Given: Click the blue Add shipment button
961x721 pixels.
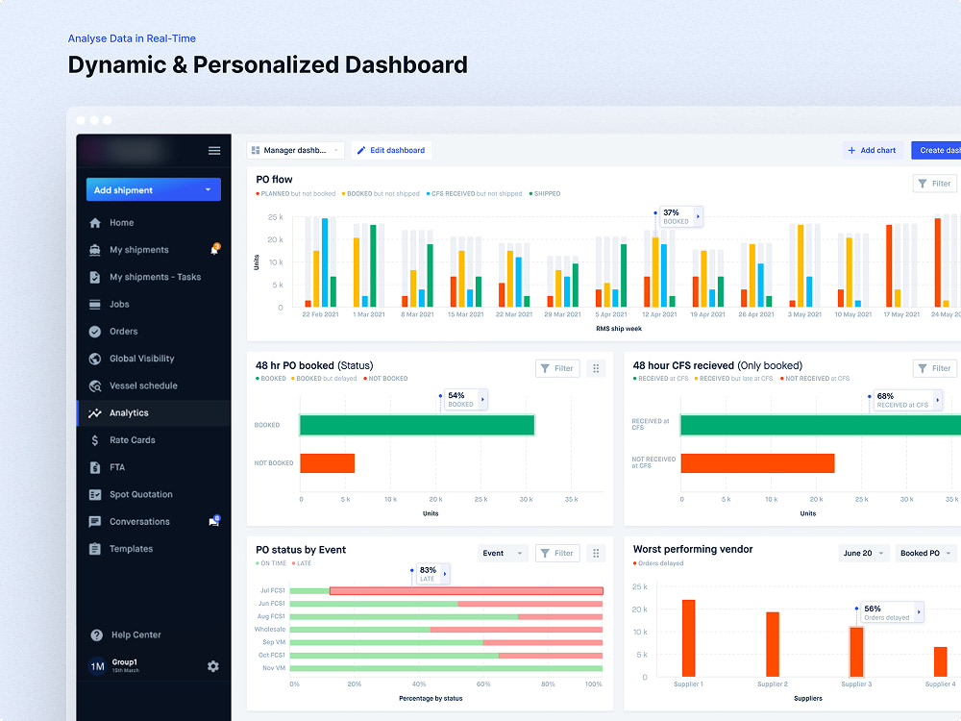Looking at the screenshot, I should pyautogui.click(x=153, y=190).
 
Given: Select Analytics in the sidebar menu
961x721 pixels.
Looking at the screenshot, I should pyautogui.click(x=129, y=413).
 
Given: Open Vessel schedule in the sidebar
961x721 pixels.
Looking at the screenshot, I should pyautogui.click(x=142, y=385).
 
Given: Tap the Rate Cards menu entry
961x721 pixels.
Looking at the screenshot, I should pyautogui.click(x=132, y=440).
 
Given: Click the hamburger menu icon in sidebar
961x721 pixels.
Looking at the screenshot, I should pyautogui.click(x=214, y=151).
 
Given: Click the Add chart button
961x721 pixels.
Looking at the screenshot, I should pyautogui.click(x=872, y=150).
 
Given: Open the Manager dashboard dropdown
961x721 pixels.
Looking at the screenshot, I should pyautogui.click(x=296, y=150).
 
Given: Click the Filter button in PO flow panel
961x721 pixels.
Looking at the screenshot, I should pyautogui.click(x=934, y=184).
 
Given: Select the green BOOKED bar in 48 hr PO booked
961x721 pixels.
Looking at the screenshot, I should pyautogui.click(x=417, y=425).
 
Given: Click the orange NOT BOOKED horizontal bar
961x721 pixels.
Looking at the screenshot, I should pyautogui.click(x=328, y=463).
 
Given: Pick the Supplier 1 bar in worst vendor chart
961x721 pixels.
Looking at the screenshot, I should pyautogui.click(x=688, y=638).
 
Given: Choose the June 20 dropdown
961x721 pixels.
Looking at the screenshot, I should pyautogui.click(x=863, y=553).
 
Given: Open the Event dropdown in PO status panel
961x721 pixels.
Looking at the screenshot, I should pyautogui.click(x=503, y=553).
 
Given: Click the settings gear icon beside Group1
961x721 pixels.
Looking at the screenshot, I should pyautogui.click(x=213, y=666).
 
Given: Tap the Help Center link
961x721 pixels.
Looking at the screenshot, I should pyautogui.click(x=136, y=634).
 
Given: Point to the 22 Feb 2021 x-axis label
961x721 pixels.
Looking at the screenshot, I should pyautogui.click(x=320, y=314).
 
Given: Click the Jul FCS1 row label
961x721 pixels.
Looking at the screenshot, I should pyautogui.click(x=272, y=590).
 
